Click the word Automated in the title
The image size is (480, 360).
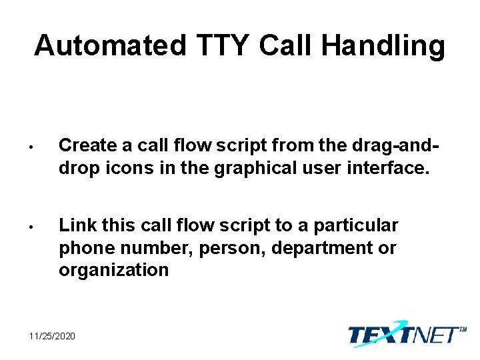(111, 46)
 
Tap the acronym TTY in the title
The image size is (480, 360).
(223, 46)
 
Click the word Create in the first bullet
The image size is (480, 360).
(86, 145)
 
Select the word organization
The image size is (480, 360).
(114, 270)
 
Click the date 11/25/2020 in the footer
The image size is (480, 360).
(52, 335)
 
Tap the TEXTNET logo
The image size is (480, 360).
(403, 333)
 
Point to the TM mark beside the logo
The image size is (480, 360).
(462, 329)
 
